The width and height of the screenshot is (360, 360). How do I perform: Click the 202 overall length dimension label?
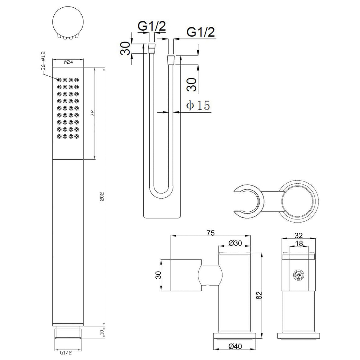[102, 196]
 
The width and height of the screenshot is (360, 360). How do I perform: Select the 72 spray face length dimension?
[93, 113]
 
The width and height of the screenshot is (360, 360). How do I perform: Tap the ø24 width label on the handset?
[68, 62]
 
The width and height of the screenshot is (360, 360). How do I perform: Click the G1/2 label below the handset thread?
[66, 353]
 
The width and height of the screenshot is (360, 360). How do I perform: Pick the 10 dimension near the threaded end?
[102, 331]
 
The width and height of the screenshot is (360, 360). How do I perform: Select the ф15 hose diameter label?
[198, 106]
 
